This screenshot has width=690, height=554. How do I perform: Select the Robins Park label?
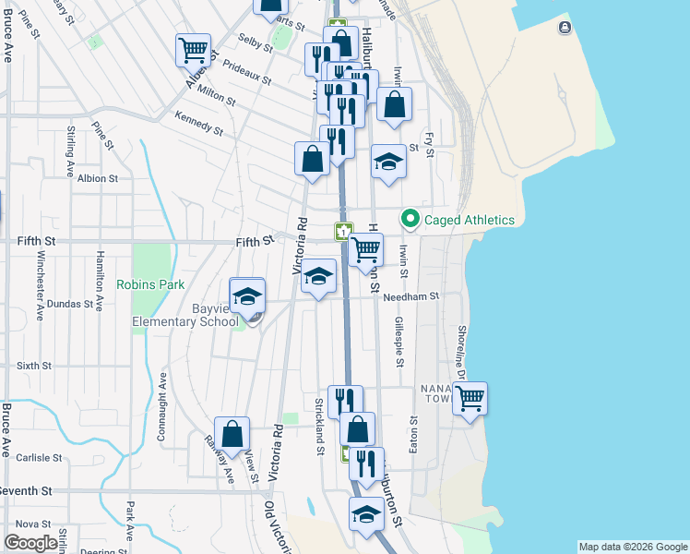(x=150, y=285)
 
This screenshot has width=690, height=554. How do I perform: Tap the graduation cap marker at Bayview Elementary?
(x=247, y=296)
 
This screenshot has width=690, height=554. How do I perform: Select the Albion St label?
(x=98, y=178)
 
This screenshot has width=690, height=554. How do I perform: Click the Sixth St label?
(x=33, y=366)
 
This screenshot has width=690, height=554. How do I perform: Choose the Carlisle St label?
(x=38, y=457)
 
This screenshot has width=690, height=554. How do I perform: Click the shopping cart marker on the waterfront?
(x=470, y=398)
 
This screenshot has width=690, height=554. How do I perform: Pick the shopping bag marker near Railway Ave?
(x=232, y=433)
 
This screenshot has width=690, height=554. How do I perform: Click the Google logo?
(x=30, y=543)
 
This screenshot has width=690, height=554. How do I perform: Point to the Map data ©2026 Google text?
(x=633, y=547)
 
